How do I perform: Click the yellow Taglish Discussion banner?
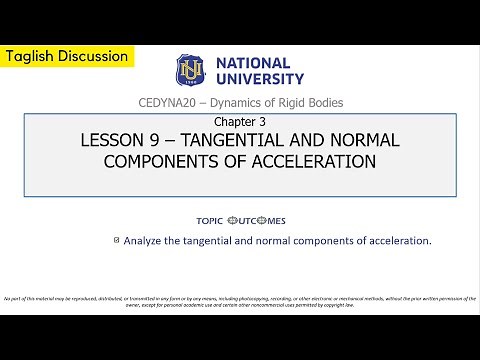coord(66,56)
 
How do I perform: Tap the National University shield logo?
coord(190,68)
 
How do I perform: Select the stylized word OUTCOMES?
coord(257,220)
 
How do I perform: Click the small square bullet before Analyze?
coord(117,239)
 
